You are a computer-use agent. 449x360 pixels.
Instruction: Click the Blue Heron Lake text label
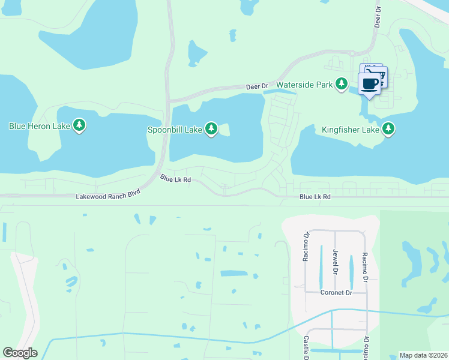[40, 126]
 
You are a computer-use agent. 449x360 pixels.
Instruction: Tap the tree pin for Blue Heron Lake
[79, 125]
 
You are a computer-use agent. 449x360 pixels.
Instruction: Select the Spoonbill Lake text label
[175, 129]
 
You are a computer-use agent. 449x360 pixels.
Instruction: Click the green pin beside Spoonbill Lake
[211, 128]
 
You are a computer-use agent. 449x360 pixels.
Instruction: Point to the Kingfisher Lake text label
[350, 129]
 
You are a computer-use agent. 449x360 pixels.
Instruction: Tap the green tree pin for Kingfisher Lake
[388, 128]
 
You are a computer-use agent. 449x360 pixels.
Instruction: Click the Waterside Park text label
[304, 85]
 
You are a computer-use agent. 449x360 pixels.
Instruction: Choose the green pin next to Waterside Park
[342, 84]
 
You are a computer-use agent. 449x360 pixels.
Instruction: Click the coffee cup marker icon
[370, 83]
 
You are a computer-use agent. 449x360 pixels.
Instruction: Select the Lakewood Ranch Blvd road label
[108, 196]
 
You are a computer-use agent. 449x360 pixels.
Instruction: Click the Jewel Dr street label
[336, 261]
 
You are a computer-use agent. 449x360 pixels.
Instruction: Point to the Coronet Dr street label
[336, 293]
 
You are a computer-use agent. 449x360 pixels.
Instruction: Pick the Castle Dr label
[306, 347]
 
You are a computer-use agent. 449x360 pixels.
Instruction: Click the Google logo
[20, 353]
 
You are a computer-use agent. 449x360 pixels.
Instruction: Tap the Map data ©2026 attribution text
[423, 355]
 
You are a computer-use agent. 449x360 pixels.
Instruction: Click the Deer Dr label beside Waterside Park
[257, 87]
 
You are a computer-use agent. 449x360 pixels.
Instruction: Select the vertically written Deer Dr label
[378, 16]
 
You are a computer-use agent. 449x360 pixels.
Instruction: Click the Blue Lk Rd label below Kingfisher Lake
[315, 197]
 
